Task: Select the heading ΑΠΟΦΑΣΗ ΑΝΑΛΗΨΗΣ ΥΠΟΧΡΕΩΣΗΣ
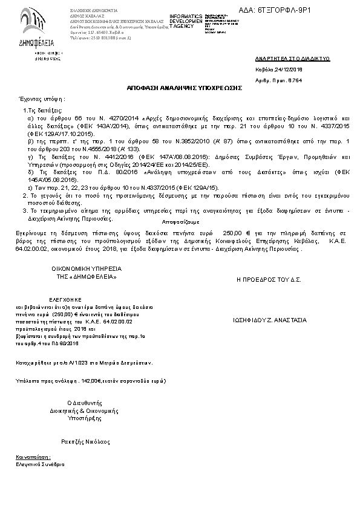(185, 88)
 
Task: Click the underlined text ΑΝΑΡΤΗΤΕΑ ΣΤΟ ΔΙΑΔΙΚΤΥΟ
(292, 59)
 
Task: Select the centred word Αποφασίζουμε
(180, 221)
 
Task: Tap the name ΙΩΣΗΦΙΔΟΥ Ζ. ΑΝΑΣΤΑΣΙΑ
(269, 320)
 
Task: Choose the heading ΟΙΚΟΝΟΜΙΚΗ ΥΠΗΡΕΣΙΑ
(78, 268)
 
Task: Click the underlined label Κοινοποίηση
(33, 458)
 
